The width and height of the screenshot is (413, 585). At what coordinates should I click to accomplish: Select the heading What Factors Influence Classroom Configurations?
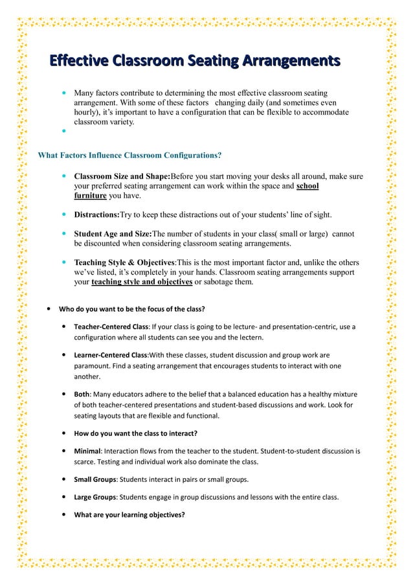pos(129,155)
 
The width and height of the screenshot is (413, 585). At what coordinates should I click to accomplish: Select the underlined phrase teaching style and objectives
pos(142,282)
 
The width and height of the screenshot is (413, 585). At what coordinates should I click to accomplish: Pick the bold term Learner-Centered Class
pos(111,355)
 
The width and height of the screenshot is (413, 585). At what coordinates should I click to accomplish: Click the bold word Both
pos(82,394)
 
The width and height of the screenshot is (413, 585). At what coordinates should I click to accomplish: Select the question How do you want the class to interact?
pos(135,433)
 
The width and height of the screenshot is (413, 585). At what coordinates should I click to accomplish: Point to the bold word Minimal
pos(87,451)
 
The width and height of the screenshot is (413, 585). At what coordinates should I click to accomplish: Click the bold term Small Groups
pos(95,479)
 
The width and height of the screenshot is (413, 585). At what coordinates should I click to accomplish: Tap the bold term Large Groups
pos(95,497)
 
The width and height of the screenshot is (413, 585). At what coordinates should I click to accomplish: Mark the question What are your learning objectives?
pos(129,515)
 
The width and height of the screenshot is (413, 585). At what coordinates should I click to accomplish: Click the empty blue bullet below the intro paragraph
pos(64,130)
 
